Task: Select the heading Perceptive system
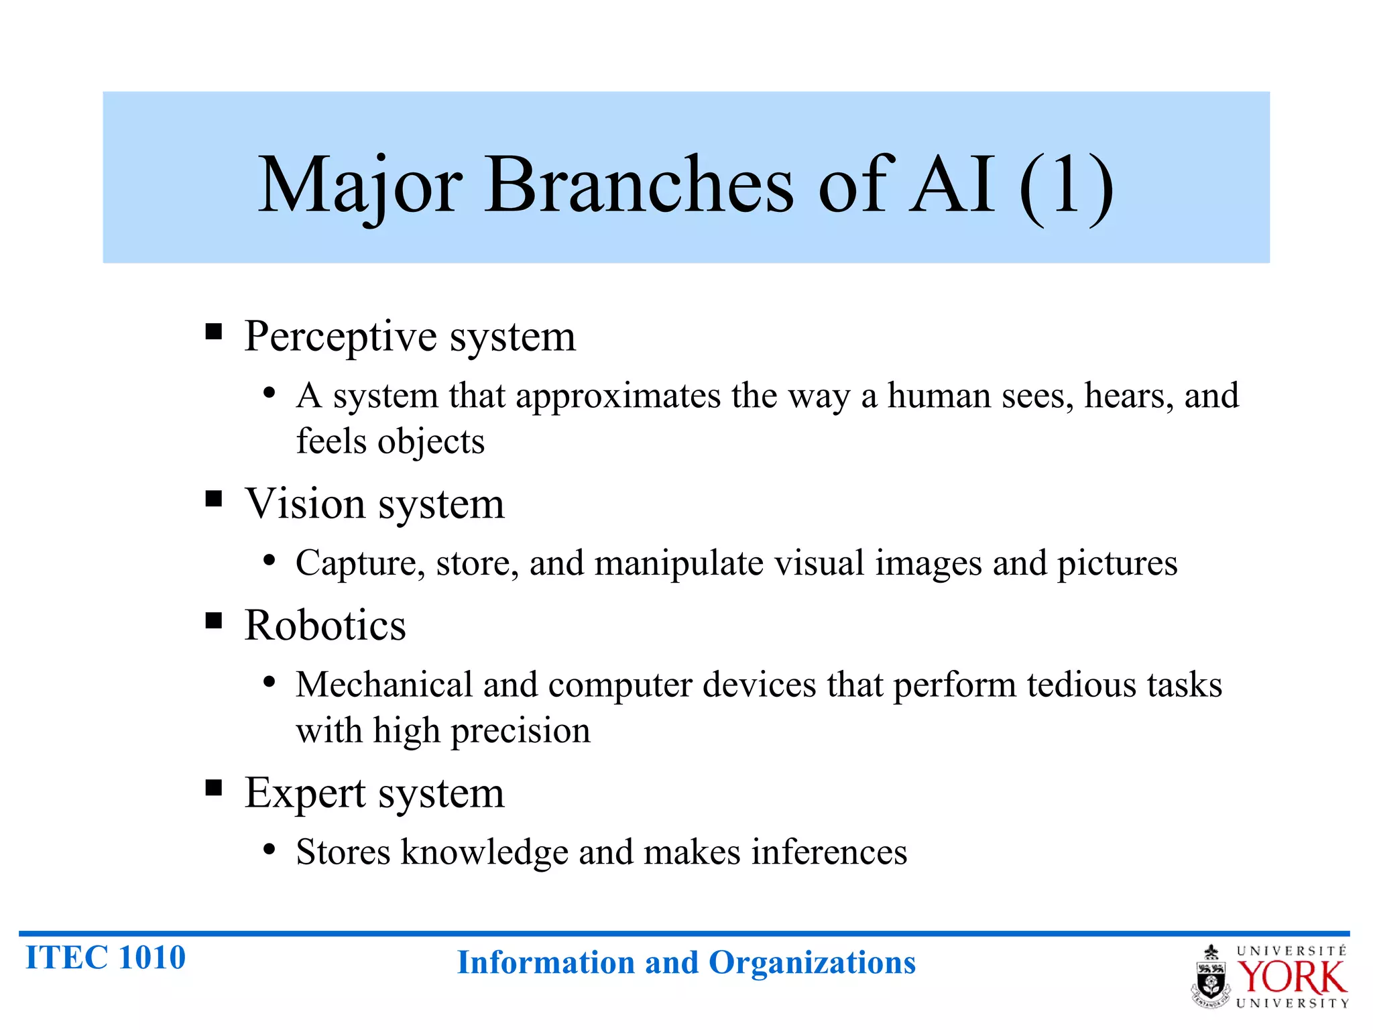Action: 410,336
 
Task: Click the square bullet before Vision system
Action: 214,499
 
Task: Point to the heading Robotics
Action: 325,625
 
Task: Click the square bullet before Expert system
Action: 214,788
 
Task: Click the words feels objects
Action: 390,441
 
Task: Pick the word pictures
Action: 1117,563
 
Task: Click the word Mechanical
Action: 384,685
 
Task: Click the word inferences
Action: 829,852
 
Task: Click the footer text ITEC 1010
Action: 105,957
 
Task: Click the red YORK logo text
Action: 1291,978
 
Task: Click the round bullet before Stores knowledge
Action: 270,850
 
